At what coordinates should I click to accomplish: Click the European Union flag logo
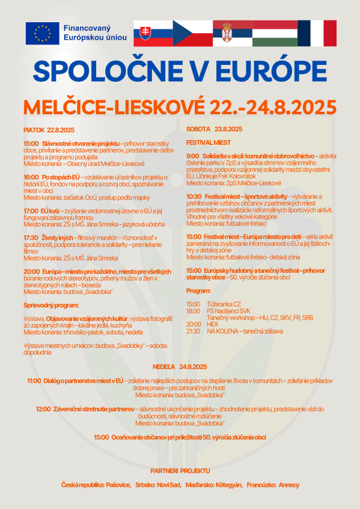42,33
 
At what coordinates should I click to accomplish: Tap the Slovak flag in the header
153,33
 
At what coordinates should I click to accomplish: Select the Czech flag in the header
192,33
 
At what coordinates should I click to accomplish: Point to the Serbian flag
233,33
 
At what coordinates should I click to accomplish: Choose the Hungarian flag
273,33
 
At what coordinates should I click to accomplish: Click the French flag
316,33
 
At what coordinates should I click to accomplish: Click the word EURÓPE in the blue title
267,71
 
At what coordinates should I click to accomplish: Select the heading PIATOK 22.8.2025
49,130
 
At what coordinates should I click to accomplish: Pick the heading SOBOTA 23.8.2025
214,129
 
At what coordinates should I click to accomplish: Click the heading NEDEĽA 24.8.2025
180,367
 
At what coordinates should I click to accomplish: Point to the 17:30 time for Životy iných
31,237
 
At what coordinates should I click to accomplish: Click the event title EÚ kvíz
52,211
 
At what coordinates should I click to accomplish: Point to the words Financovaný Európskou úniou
95,33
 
